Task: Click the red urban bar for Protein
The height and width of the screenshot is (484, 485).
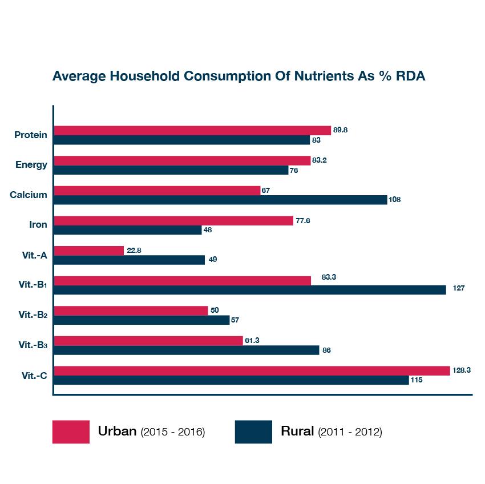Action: click(x=192, y=130)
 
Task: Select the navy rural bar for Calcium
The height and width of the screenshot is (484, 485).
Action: click(x=220, y=200)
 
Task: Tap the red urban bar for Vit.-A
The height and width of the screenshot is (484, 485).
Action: click(x=88, y=251)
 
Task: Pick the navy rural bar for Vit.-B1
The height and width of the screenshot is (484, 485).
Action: click(x=249, y=290)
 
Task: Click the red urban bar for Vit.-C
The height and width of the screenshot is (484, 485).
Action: click(x=252, y=370)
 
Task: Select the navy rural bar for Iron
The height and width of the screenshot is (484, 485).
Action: click(x=127, y=230)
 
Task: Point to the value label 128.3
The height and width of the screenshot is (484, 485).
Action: click(x=462, y=370)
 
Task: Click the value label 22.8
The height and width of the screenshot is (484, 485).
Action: click(x=134, y=250)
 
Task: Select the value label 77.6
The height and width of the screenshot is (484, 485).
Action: click(x=304, y=220)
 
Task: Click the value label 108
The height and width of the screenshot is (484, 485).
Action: click(x=394, y=200)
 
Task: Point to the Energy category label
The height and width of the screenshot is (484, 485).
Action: click(x=31, y=165)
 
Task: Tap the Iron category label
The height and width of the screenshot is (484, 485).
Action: click(x=38, y=225)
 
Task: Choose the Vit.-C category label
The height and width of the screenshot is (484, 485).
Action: click(x=34, y=375)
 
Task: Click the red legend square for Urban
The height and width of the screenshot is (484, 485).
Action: click(x=71, y=431)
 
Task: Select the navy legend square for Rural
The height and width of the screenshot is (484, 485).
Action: click(x=253, y=431)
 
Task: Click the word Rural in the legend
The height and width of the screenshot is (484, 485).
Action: click(x=297, y=431)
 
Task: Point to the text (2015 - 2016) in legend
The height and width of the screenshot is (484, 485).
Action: click(x=172, y=432)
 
